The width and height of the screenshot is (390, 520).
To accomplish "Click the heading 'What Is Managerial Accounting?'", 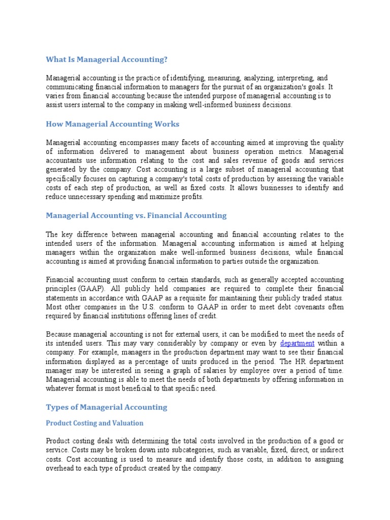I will [x=107, y=60].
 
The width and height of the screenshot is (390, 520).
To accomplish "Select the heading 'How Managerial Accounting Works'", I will [x=112, y=124].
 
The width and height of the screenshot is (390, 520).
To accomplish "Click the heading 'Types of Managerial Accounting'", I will [x=106, y=407].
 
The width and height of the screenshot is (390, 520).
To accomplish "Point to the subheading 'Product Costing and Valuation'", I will [x=94, y=423].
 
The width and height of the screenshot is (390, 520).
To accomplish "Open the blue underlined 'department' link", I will [x=297, y=343].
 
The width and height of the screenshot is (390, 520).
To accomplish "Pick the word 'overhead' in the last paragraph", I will [x=60, y=469].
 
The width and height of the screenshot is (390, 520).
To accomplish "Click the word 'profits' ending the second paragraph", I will [x=191, y=197].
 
